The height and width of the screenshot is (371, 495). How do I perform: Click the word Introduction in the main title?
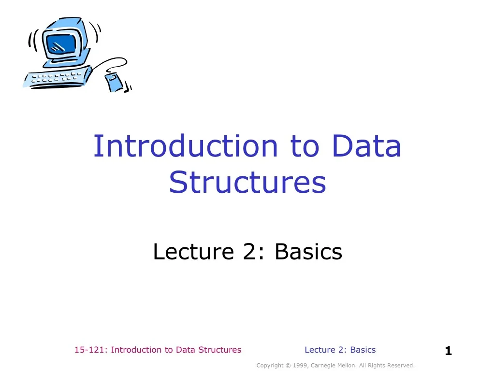tap(186, 146)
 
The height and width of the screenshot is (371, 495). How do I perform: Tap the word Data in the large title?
tap(367, 146)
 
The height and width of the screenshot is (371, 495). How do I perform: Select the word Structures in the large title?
tap(247, 183)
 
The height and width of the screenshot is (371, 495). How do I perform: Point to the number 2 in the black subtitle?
tap(249, 252)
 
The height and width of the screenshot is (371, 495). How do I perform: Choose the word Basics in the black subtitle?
tap(308, 252)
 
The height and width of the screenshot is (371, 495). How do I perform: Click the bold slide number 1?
tap(448, 351)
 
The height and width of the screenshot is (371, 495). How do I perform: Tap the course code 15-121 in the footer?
tap(90, 350)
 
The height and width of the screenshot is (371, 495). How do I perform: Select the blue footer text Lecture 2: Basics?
tap(340, 350)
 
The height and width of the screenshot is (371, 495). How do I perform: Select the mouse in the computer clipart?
tap(114, 81)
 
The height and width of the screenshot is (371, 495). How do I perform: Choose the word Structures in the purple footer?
tap(221, 350)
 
